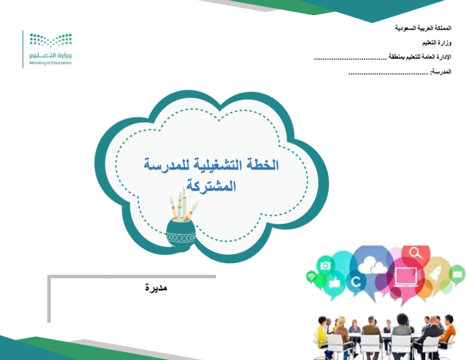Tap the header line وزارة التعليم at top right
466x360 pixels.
pyautogui.click(x=437, y=43)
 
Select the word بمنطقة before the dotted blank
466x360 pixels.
pyautogui.click(x=397, y=57)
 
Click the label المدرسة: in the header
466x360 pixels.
pyautogui.click(x=441, y=72)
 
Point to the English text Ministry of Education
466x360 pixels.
pyautogui.click(x=50, y=63)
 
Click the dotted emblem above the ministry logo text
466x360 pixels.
pyautogui.click(x=50, y=40)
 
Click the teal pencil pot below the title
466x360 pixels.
pyautogui.click(x=181, y=232)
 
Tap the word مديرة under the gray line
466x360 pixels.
pyautogui.click(x=156, y=288)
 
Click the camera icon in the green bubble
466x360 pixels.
pyautogui.click(x=325, y=265)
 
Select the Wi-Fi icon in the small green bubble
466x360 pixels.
pyautogui.click(x=311, y=277)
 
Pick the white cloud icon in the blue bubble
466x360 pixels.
pyautogui.click(x=372, y=265)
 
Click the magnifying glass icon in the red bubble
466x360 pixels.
pyautogui.click(x=416, y=253)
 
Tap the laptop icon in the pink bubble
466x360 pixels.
pyautogui.click(x=406, y=277)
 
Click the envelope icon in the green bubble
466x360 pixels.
pyautogui.click(x=458, y=274)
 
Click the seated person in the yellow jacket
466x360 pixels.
pyautogui.click(x=322, y=336)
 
